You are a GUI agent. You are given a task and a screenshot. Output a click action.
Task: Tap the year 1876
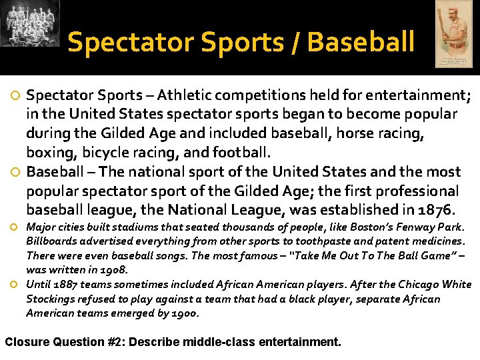tap(433, 211)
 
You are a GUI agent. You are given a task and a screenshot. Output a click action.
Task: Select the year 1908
tap(112, 270)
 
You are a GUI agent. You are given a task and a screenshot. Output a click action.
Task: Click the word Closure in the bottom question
tap(26, 343)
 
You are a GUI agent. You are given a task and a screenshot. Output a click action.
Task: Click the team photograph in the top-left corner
tap(30, 24)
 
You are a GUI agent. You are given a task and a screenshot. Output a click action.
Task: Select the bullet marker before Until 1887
tap(14, 285)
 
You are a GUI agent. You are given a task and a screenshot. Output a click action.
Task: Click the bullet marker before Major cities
tap(14, 227)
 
